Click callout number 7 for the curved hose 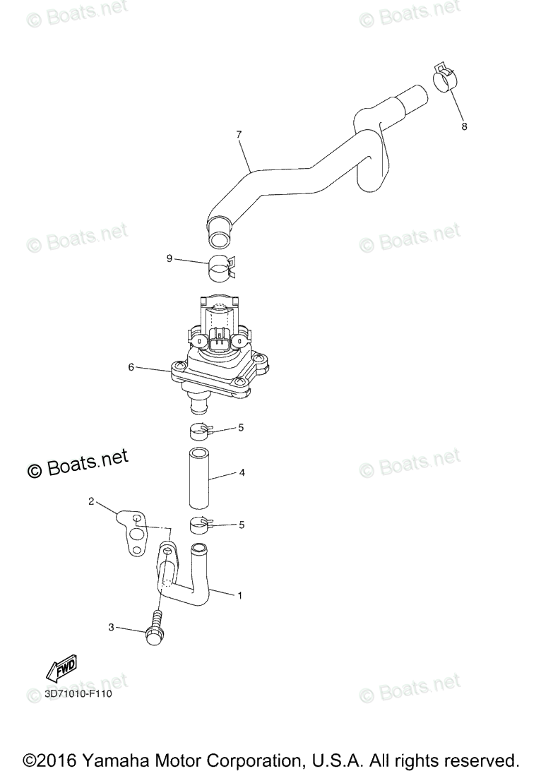pos(239,133)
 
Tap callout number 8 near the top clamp pos(464,126)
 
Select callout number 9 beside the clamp pos(170,258)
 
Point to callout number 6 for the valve pos(131,367)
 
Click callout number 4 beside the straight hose pos(242,472)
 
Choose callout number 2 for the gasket pos(91,501)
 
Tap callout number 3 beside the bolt pos(111,626)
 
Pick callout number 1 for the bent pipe pos(239,595)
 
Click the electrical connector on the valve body pos(219,341)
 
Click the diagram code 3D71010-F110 pos(78,693)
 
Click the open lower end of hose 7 pos(219,232)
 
